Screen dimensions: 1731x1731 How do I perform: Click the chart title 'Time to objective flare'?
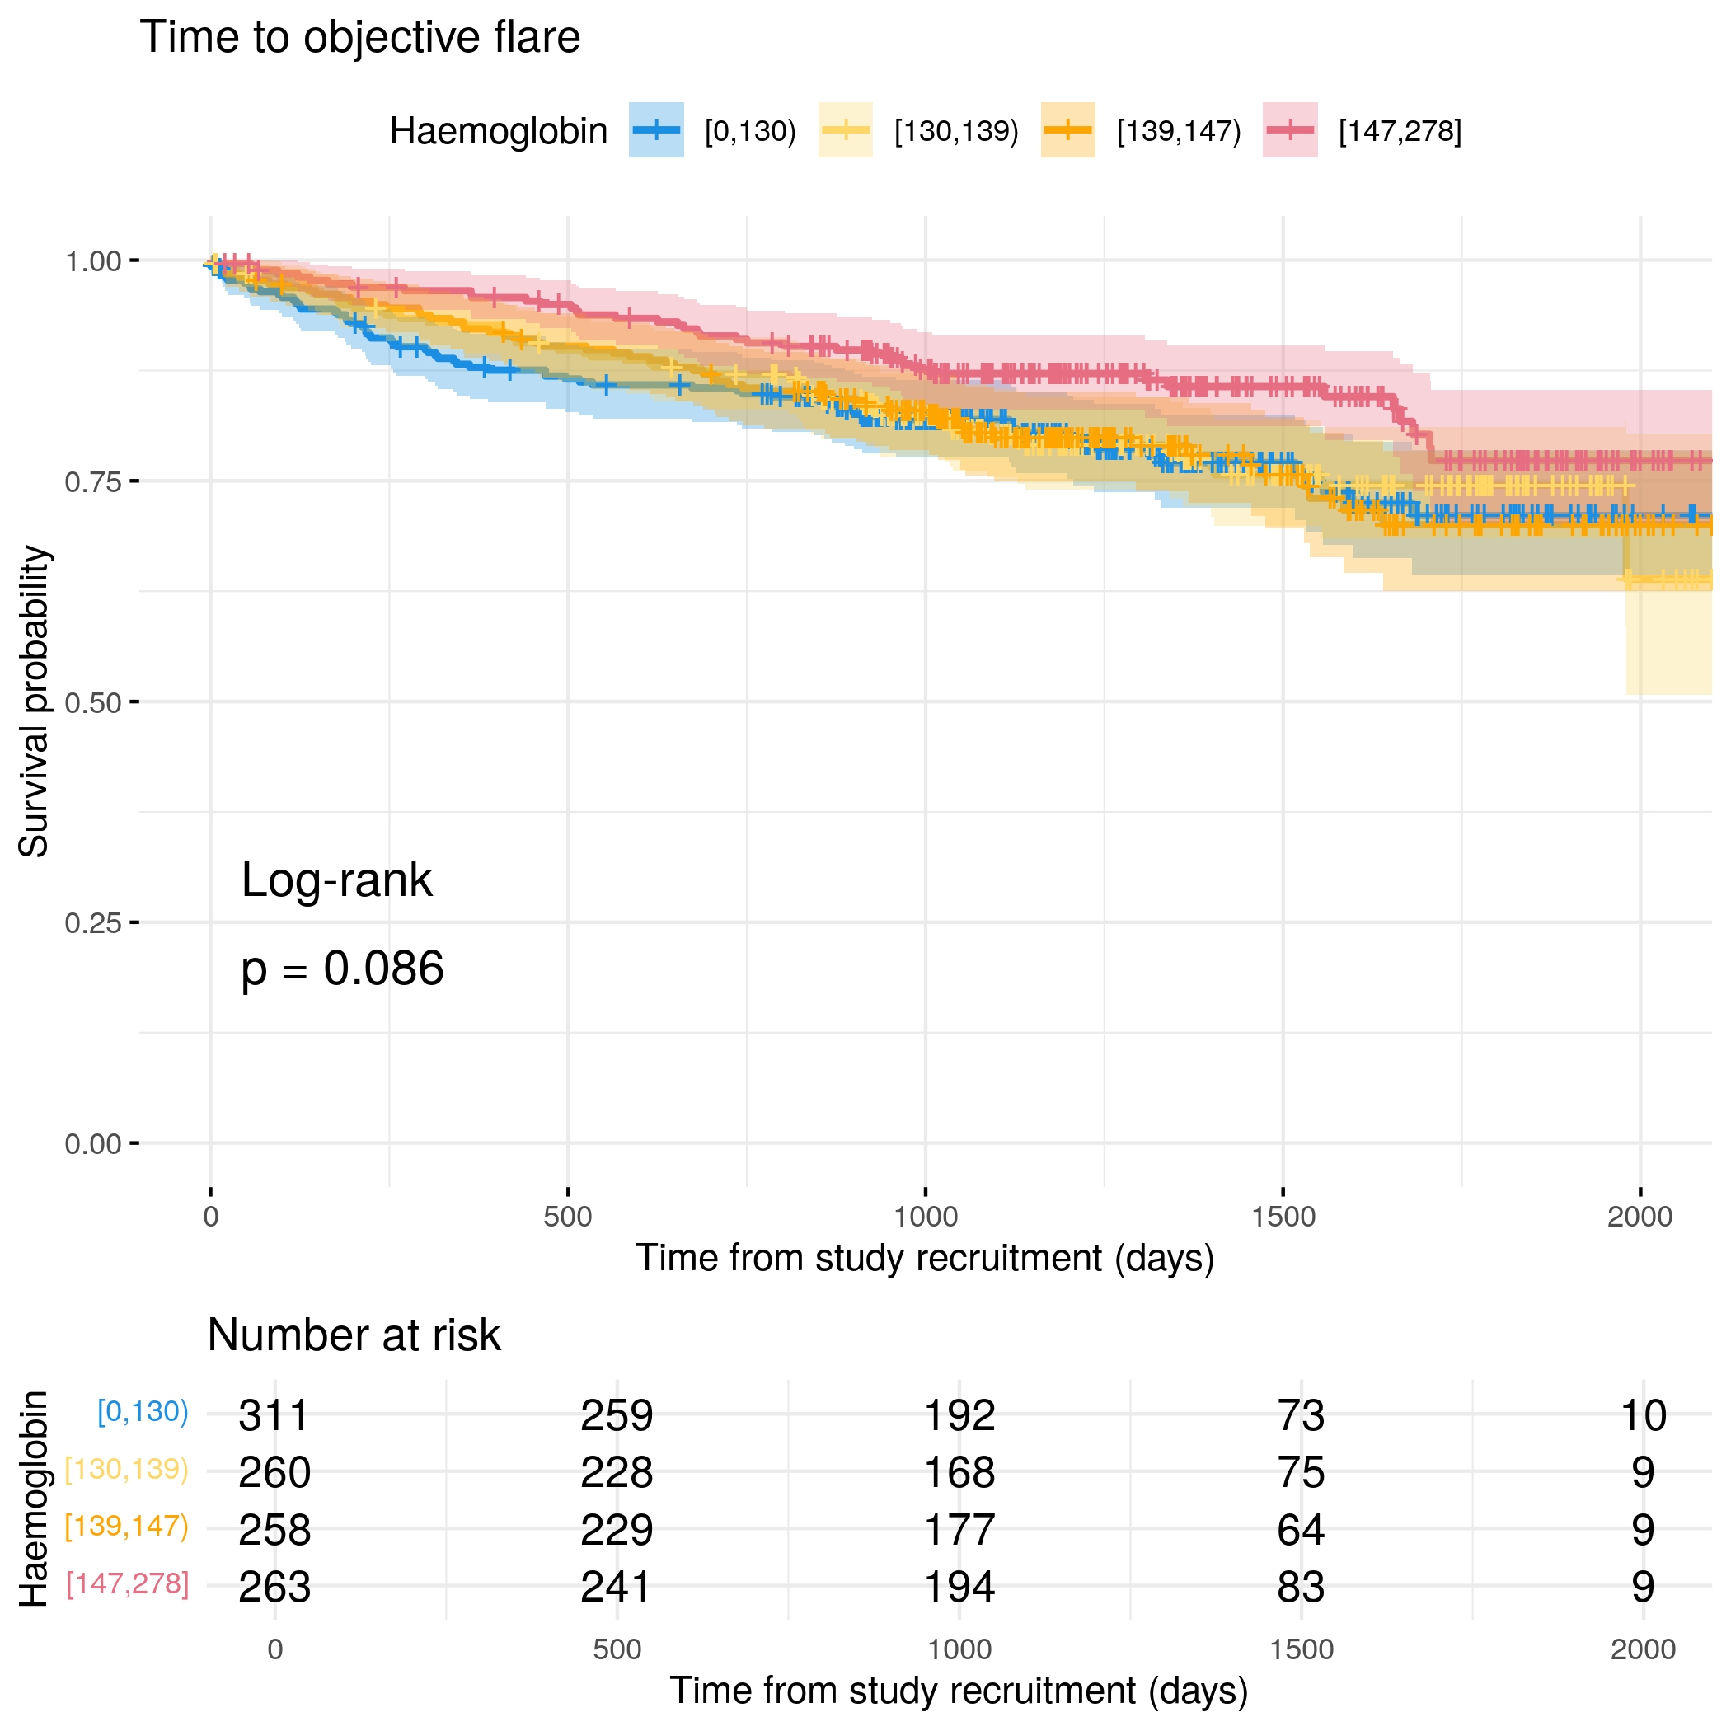(x=359, y=39)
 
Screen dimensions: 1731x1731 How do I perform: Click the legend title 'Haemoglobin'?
(x=498, y=132)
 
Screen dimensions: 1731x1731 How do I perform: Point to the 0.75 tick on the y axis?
(x=134, y=481)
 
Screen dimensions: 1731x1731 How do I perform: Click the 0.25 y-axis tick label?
(x=92, y=923)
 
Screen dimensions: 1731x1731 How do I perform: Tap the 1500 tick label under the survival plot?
(x=1283, y=1217)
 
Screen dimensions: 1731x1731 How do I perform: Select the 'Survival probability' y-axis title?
(x=34, y=701)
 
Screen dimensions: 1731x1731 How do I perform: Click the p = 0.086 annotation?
(x=342, y=969)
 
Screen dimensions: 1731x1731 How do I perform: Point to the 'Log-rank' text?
(x=337, y=880)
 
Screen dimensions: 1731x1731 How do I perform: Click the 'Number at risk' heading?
(x=354, y=1335)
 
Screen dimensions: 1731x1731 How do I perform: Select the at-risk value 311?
(x=274, y=1415)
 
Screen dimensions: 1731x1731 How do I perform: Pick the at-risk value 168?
(x=959, y=1473)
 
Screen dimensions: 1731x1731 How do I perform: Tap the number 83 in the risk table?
(x=1301, y=1587)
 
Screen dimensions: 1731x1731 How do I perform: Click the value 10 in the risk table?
(x=1642, y=1415)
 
